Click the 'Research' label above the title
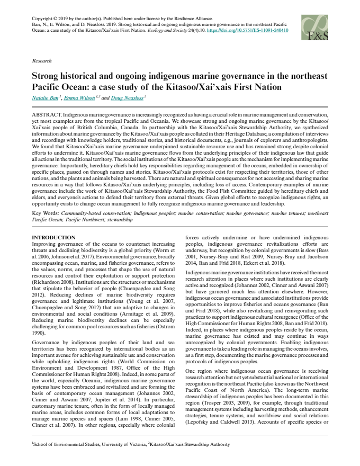[42, 61]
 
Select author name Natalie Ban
[46, 98]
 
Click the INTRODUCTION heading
[54, 236]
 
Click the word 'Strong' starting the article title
[47, 76]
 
